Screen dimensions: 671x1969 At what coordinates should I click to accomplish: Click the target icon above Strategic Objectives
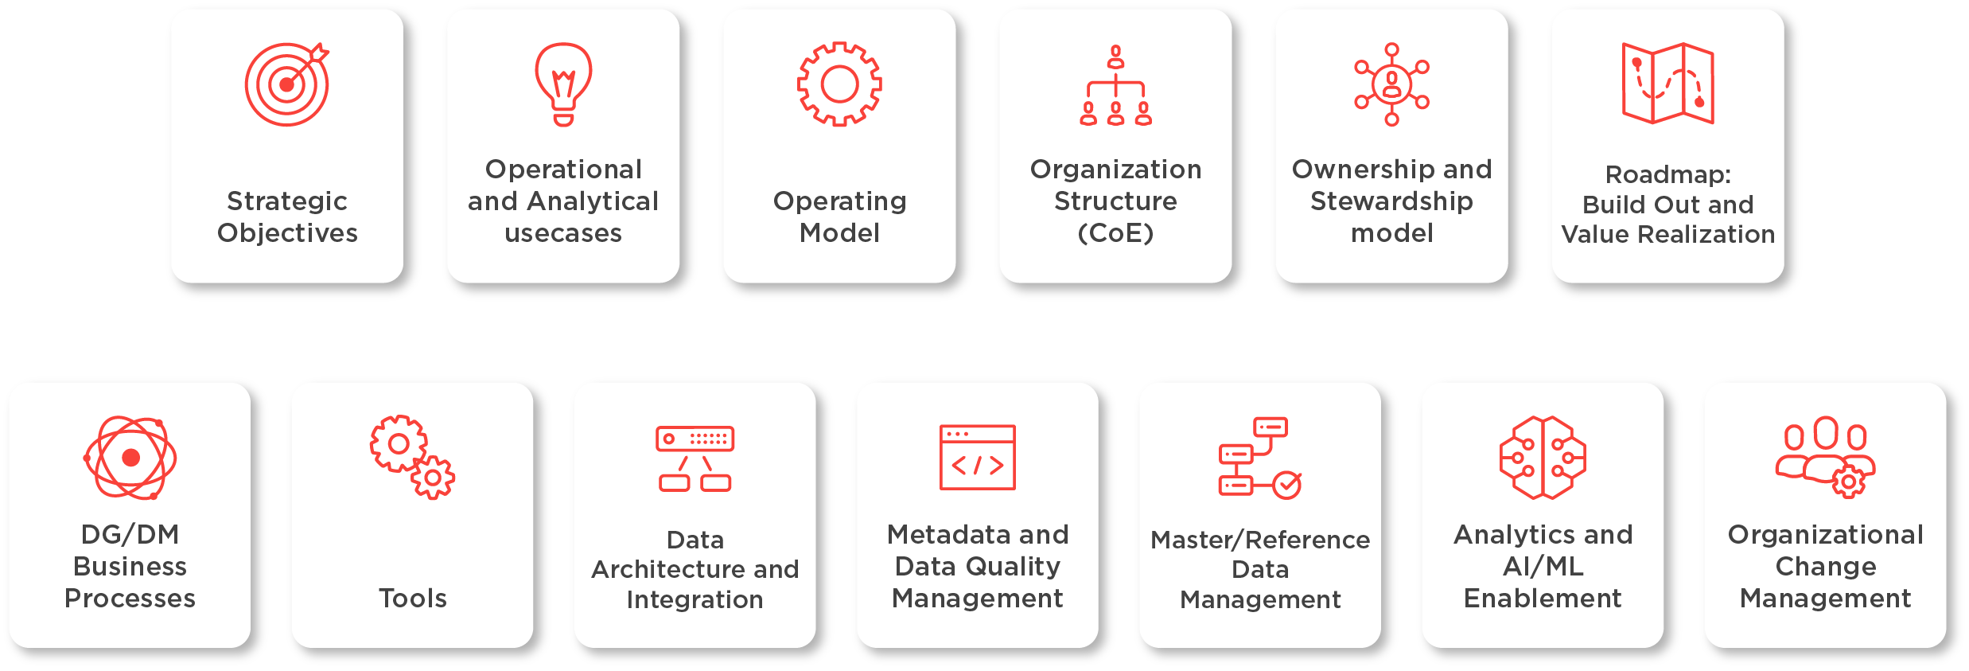tap(286, 84)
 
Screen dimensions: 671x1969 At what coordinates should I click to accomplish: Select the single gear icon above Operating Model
tap(839, 84)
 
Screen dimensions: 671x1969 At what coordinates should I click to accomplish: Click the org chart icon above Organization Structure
tap(1115, 86)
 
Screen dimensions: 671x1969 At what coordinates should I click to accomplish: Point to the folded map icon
tap(1667, 84)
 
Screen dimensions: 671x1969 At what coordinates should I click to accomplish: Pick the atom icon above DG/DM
tap(130, 458)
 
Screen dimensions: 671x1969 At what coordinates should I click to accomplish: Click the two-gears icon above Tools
tap(412, 457)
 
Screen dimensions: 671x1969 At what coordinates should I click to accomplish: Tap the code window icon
tap(977, 458)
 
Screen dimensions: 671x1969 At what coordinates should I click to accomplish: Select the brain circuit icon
tap(1543, 458)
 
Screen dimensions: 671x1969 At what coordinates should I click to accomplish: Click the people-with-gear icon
tap(1825, 458)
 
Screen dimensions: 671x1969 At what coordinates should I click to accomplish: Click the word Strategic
tap(286, 201)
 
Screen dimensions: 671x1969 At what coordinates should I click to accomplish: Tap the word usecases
tap(563, 233)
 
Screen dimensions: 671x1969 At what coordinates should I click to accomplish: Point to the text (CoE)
tap(1115, 233)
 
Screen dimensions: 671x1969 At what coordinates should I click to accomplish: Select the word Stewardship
tap(1391, 201)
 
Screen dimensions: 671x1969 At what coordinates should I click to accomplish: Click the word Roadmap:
tap(1667, 174)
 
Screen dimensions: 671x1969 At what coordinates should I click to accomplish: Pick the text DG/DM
tap(130, 534)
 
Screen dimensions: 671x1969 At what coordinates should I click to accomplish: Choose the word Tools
tap(412, 598)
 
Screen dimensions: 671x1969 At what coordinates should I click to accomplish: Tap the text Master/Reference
tap(1260, 540)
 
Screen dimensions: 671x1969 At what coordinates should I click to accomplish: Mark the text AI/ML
tap(1543, 566)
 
